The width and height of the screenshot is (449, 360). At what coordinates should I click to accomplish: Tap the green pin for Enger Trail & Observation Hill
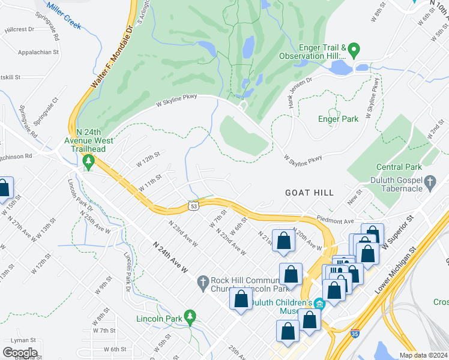click(x=354, y=49)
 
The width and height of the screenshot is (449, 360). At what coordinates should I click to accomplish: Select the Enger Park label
click(x=338, y=119)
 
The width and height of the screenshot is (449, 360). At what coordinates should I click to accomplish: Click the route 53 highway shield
click(x=193, y=206)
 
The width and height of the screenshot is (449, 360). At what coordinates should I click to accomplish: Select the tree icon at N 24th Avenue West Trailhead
click(x=88, y=160)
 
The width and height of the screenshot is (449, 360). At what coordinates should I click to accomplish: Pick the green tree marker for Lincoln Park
click(x=190, y=315)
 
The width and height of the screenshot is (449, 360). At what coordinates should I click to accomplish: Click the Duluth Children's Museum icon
click(x=319, y=303)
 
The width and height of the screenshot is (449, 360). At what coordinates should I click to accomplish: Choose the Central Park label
click(x=396, y=167)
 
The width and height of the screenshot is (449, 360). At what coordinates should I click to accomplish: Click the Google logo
click(x=20, y=353)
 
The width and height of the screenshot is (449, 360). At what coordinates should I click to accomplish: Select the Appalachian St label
click(x=23, y=52)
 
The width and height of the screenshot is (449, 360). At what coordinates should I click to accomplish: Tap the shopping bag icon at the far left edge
click(x=4, y=188)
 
